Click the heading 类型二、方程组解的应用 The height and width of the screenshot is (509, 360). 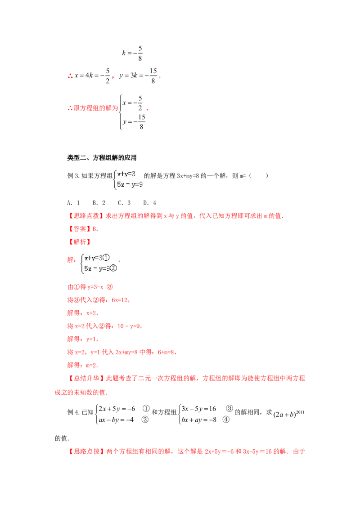[x=102, y=158]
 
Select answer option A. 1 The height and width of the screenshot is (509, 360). [x=73, y=203]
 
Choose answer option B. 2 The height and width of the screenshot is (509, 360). [x=99, y=203]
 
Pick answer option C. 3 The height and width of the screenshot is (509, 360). [x=124, y=203]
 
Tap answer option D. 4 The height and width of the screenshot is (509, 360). [x=150, y=203]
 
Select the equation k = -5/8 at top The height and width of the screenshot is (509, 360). [x=132, y=53]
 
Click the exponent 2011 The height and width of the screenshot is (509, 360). [x=300, y=412]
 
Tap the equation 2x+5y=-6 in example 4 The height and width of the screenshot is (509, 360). [x=117, y=409]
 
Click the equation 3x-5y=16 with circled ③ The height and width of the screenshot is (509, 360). [x=199, y=409]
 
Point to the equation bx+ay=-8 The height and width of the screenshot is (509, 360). [x=199, y=420]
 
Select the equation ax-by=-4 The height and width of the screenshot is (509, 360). [x=116, y=420]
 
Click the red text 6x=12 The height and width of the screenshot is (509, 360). [x=120, y=300]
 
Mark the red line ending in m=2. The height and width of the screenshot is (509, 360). [x=82, y=365]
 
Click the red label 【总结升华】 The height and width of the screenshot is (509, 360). [x=86, y=378]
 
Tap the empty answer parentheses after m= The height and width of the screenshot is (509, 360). [x=259, y=176]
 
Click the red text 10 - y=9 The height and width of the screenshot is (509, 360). [x=129, y=326]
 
